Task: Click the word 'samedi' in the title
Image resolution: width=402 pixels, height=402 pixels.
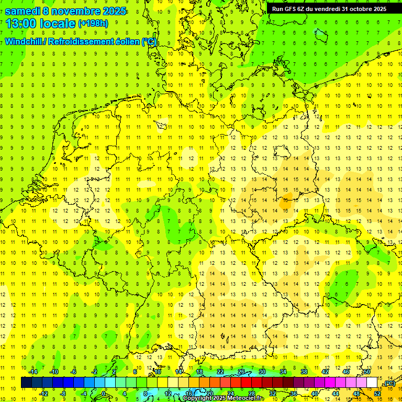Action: click(23, 11)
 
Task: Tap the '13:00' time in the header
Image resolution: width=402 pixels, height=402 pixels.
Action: click(20, 24)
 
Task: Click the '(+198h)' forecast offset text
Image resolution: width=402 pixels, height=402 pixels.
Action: click(93, 24)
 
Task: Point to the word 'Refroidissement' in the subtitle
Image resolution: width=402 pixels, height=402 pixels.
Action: click(80, 41)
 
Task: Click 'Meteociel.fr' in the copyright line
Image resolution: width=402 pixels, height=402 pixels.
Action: click(246, 398)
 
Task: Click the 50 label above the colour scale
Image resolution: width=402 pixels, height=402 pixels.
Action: click(367, 372)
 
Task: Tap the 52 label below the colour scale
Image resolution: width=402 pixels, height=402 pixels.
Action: click(377, 394)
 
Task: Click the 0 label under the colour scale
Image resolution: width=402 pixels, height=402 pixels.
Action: click(104, 394)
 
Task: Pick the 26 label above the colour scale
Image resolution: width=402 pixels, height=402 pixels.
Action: click(241, 372)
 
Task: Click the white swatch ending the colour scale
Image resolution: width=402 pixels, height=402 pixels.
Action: click(372, 383)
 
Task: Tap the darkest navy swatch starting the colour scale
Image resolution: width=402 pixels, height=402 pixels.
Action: click(26, 383)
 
